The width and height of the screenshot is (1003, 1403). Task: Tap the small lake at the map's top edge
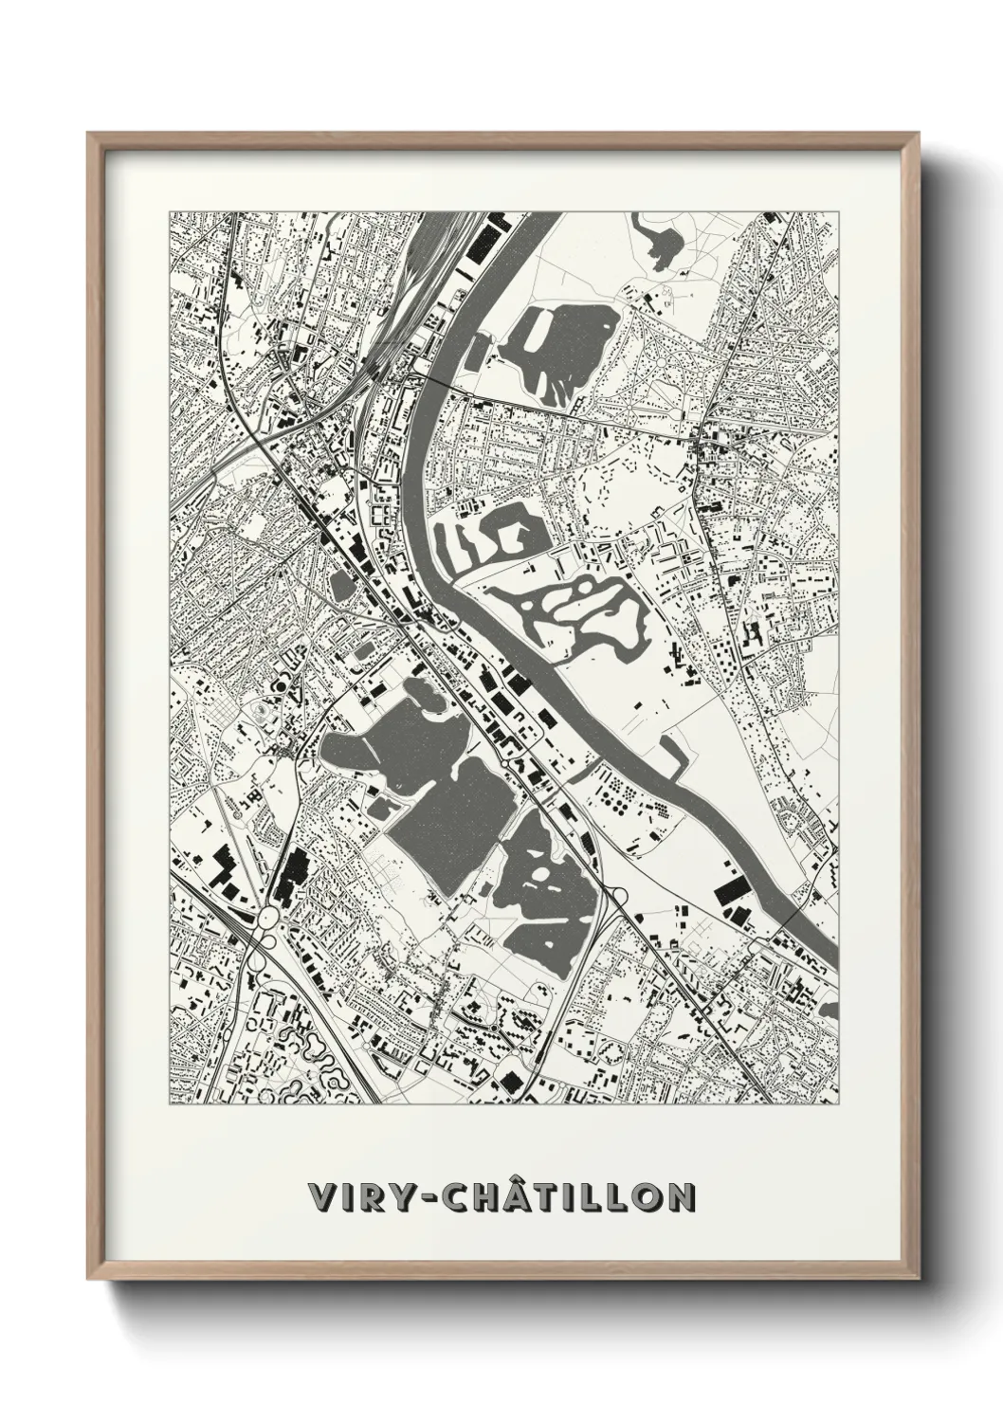[x=662, y=239]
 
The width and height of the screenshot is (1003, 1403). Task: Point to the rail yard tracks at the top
[x=417, y=275]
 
